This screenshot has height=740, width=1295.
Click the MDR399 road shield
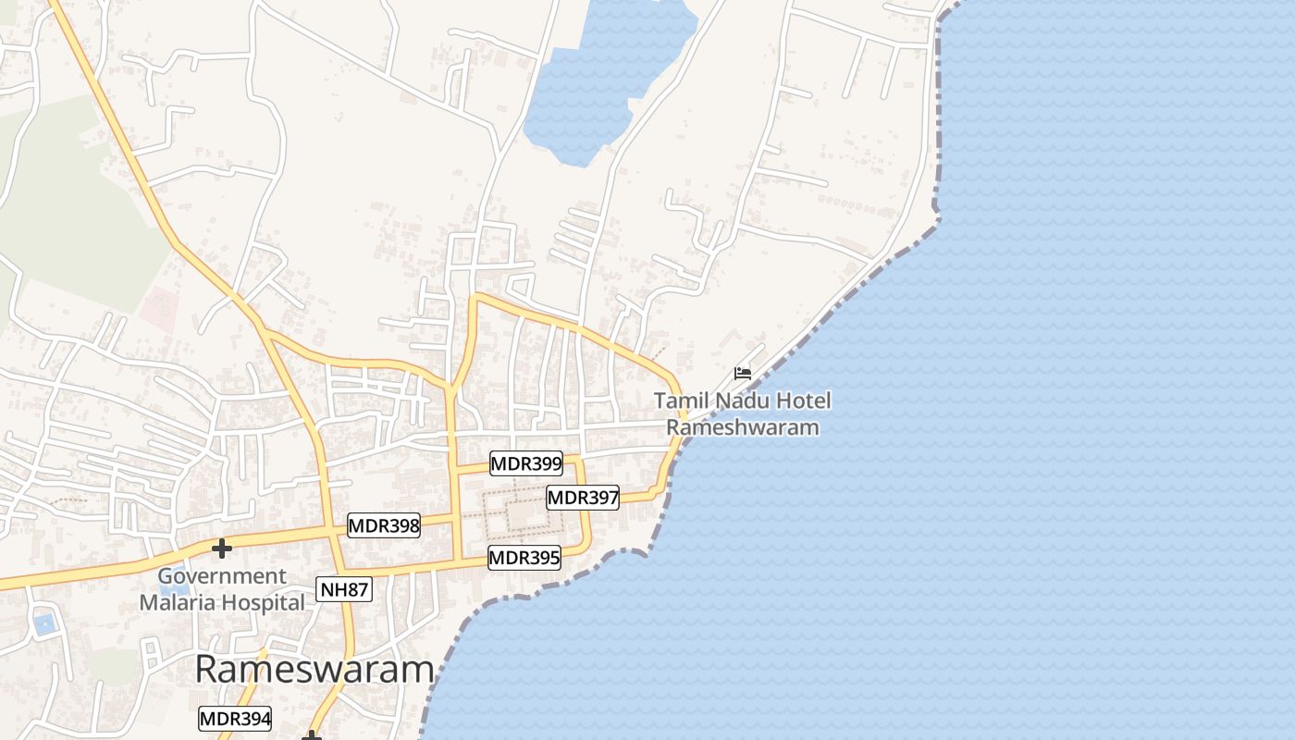point(525,463)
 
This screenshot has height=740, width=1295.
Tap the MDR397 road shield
point(583,498)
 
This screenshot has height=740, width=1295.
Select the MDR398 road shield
point(384,526)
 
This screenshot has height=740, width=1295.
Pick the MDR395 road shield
point(524,558)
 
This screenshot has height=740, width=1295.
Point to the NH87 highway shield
point(344,589)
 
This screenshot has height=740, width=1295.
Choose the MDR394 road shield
point(235,719)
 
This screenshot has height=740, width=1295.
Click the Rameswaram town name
point(314,670)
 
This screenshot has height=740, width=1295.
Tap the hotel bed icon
point(743,374)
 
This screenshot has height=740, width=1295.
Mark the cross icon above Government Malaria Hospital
point(222,549)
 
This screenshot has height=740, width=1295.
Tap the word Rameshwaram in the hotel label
point(743,427)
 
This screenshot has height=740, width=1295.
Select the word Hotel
point(804,401)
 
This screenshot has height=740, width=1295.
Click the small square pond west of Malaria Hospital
point(43,623)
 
